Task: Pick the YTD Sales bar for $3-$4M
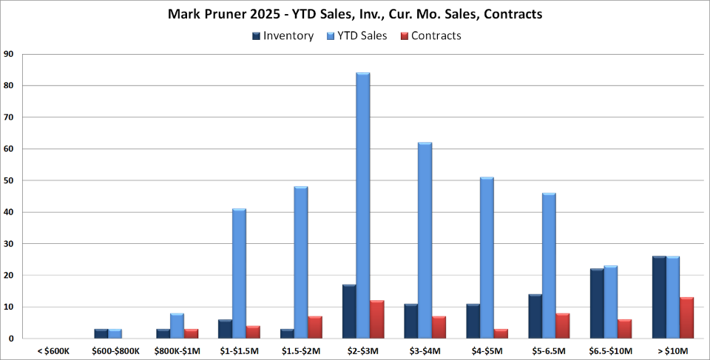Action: pos(425,240)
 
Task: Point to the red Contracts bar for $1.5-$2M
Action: pos(315,327)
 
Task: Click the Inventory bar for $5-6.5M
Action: pos(535,316)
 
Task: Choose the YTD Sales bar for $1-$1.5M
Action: pos(239,274)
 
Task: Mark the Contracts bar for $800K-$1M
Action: pos(191,333)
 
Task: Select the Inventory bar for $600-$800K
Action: pos(101,333)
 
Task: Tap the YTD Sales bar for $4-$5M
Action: pos(487,258)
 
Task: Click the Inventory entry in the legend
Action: pos(283,35)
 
